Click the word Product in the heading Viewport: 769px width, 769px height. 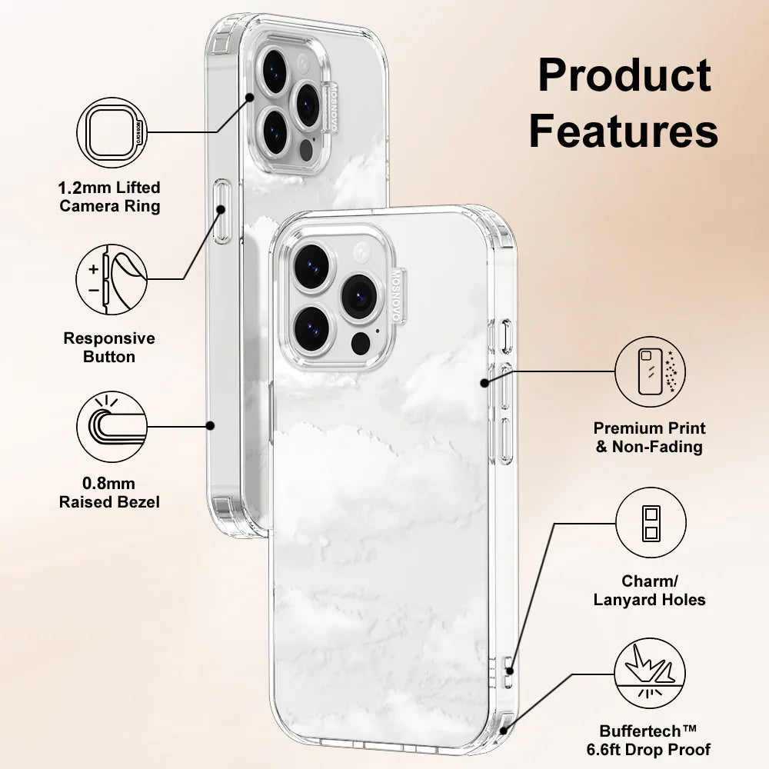[624, 75]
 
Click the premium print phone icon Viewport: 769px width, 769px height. [650, 371]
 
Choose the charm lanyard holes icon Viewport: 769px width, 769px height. [650, 525]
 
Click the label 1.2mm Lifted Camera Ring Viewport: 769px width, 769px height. [110, 196]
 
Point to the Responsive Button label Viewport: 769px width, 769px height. [109, 348]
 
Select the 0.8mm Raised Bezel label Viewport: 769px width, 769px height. [110, 493]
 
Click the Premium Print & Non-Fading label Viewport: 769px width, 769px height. [650, 437]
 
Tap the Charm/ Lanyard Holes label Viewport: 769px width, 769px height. [650, 590]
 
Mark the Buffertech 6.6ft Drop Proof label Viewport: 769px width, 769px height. [655, 741]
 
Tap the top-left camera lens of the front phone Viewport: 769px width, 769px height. [311, 267]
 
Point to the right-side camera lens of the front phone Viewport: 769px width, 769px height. [357, 296]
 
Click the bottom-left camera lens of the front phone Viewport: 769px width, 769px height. [311, 326]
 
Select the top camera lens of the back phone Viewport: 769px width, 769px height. [275, 69]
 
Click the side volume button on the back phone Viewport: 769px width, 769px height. [222, 211]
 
